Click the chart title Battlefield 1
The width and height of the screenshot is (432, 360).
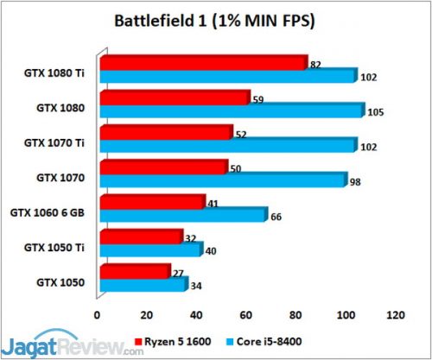(215, 18)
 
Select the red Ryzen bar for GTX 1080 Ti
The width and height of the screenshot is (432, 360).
(203, 63)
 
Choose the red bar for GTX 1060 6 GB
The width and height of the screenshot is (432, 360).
(152, 203)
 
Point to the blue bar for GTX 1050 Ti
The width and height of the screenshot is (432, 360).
(151, 249)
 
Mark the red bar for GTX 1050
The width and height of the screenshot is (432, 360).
(135, 272)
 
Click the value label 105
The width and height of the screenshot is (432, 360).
(377, 113)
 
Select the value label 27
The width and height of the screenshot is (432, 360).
(178, 274)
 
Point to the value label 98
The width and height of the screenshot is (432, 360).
(355, 182)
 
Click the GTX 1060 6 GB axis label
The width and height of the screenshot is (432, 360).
(48, 212)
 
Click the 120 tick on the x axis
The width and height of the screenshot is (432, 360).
(396, 313)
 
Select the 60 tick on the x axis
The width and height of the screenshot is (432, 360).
(247, 313)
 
